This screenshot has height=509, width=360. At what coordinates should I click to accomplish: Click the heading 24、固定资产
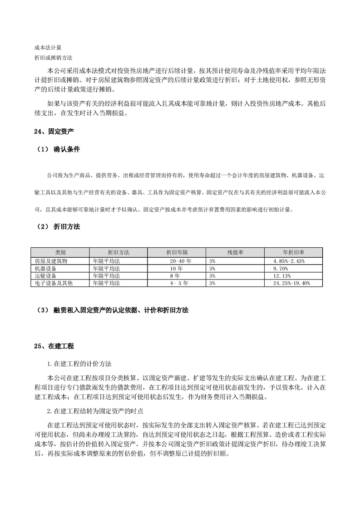click(x=54, y=132)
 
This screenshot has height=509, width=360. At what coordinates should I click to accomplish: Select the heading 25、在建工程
click(x=54, y=346)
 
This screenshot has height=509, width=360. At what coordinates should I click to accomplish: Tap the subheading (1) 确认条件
click(x=57, y=149)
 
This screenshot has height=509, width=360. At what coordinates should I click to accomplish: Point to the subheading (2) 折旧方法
click(x=57, y=226)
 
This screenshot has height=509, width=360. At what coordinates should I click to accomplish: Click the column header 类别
click(x=60, y=252)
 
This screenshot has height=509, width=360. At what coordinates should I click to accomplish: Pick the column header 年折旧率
click(x=293, y=252)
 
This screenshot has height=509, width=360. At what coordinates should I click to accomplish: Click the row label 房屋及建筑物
click(x=51, y=261)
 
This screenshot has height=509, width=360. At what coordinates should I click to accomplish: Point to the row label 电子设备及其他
click(x=54, y=283)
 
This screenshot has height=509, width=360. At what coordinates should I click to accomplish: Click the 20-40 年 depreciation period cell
click(x=181, y=261)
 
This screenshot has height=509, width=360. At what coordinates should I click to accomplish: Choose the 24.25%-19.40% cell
click(x=291, y=283)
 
